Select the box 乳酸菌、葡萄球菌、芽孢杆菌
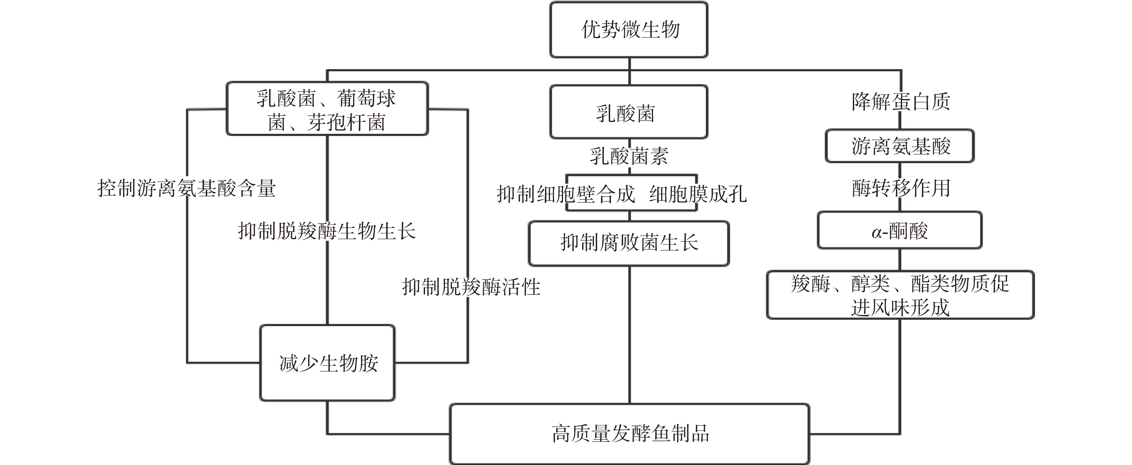click(327, 109)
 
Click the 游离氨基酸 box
click(900, 146)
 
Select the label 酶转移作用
click(901, 188)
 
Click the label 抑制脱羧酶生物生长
click(327, 231)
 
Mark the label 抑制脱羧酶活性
click(471, 287)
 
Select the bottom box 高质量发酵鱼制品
click(629, 433)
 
